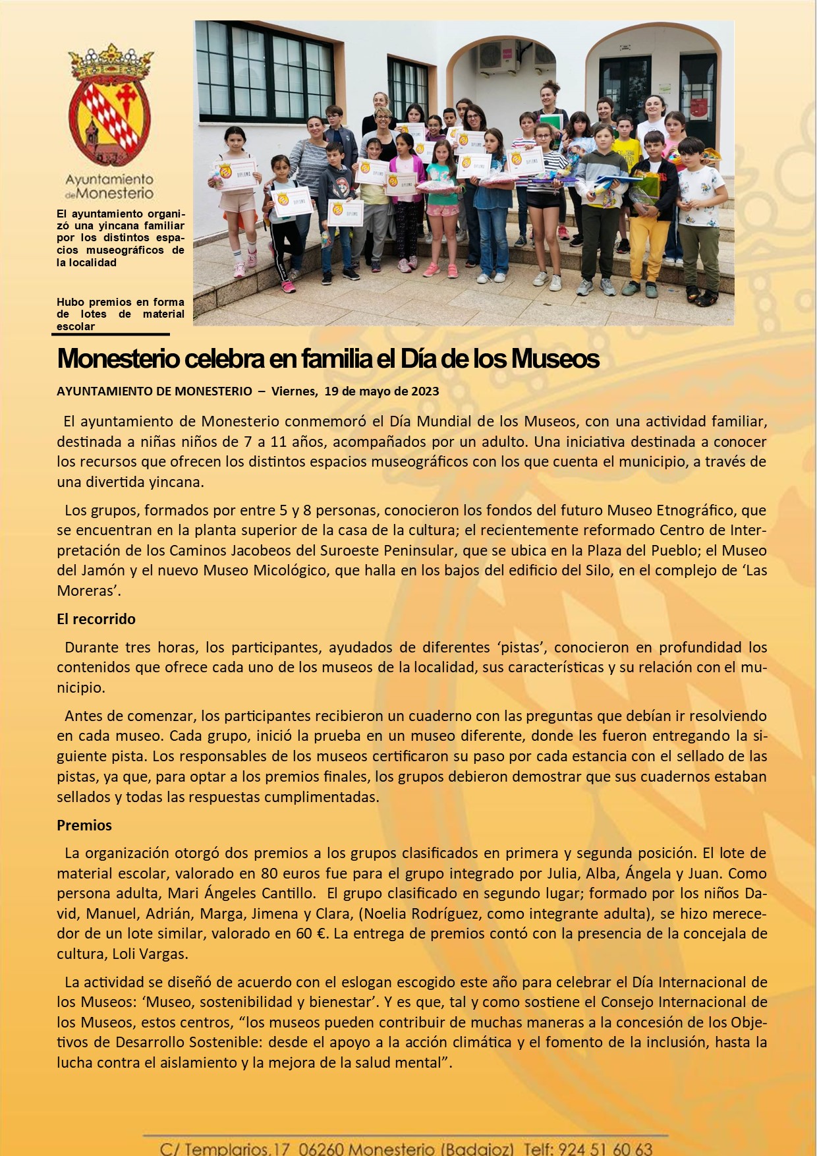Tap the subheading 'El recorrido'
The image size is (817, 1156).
96,619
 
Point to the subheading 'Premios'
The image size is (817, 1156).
84,825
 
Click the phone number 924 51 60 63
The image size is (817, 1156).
606,1149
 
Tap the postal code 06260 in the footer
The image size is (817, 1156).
321,1149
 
